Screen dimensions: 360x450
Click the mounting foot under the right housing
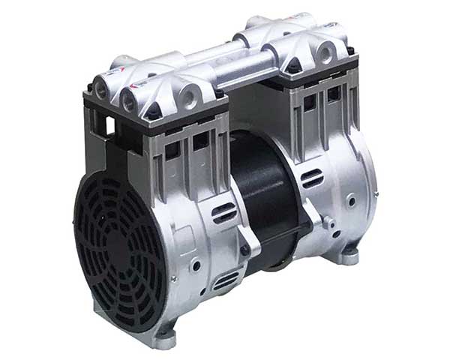tap(349, 256)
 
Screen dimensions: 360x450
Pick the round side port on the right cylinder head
tap(327, 51)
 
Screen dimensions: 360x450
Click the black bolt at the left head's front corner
tap(153, 111)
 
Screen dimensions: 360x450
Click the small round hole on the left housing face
tap(196, 264)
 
